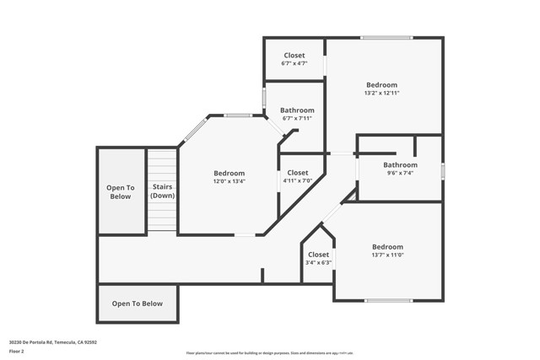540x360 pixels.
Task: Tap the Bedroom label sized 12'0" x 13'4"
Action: [229, 180]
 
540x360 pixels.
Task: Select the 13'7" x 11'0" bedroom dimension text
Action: [387, 255]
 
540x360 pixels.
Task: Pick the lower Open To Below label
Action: [138, 304]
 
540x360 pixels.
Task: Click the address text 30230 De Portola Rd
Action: [52, 342]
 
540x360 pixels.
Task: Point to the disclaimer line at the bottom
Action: [269, 353]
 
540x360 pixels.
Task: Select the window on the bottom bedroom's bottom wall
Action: [389, 300]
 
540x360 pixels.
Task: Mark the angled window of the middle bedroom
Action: [195, 130]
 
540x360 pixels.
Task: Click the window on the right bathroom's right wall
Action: [442, 170]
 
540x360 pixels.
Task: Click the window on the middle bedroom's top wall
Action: [239, 116]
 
